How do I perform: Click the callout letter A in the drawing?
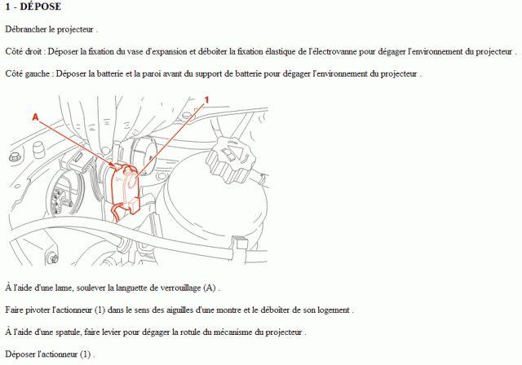[35, 117]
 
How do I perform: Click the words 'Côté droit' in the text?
[24, 51]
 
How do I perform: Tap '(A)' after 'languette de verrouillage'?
[210, 288]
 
